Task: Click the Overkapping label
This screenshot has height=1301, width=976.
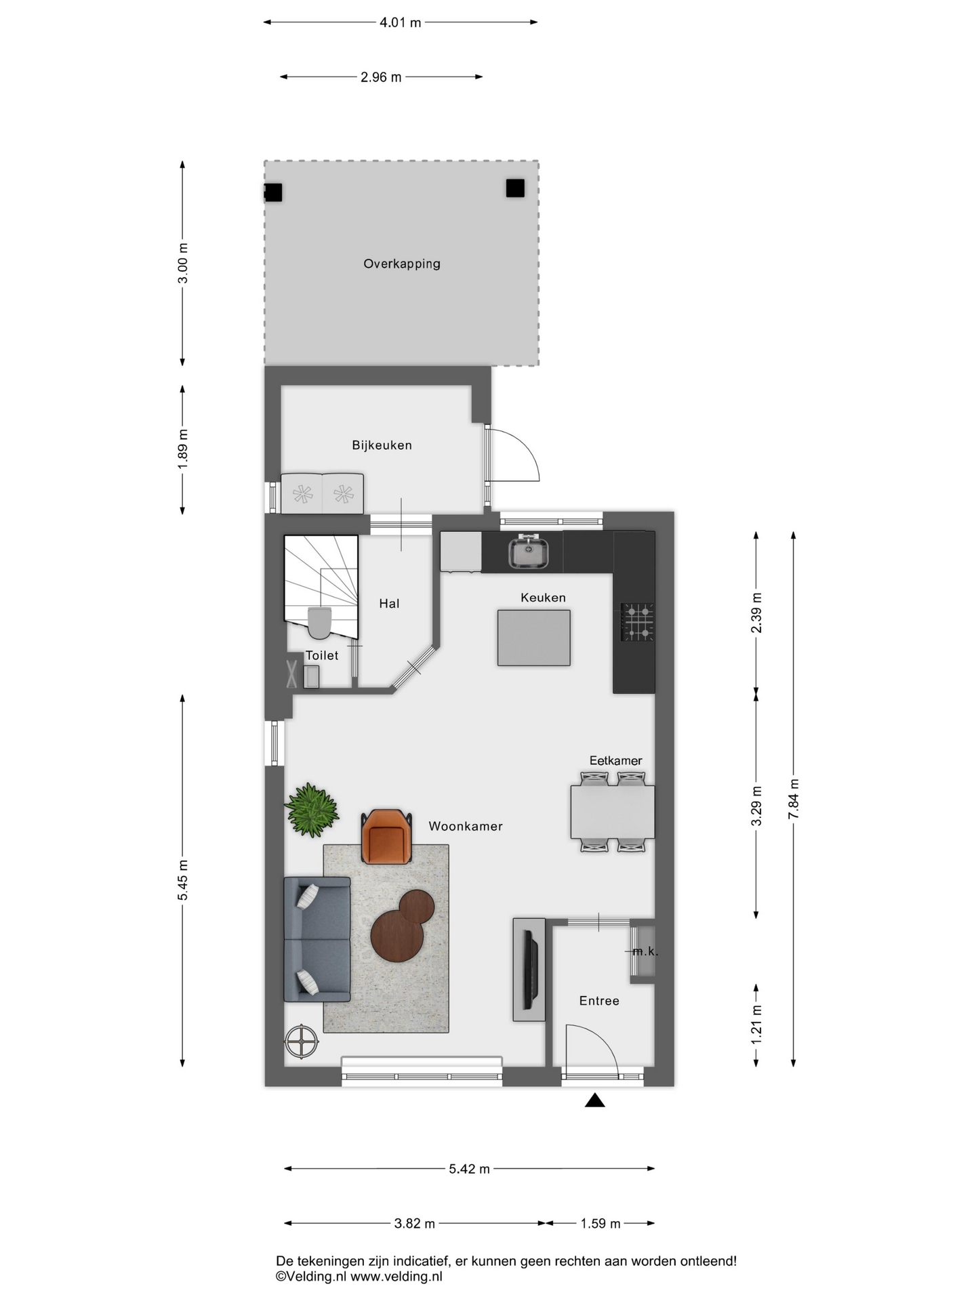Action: click(401, 264)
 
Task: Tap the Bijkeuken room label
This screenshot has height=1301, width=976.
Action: click(382, 445)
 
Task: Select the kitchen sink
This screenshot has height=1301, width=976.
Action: click(528, 550)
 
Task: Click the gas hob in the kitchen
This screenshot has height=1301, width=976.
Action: click(638, 622)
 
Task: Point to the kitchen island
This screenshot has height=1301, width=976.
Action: click(533, 638)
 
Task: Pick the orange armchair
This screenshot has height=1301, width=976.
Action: click(387, 837)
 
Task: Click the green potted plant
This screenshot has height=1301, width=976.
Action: click(312, 809)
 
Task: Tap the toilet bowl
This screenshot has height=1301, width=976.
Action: click(319, 623)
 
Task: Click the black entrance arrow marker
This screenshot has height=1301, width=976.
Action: click(594, 1100)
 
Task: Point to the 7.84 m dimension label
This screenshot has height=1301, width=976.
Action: click(793, 800)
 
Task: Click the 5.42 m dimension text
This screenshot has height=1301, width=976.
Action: click(469, 1169)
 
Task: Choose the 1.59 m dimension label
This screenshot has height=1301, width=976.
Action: click(601, 1224)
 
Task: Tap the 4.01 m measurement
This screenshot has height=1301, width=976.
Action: click(400, 22)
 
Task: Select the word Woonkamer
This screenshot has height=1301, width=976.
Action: click(466, 826)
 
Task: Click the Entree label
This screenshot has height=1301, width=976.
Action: click(599, 1001)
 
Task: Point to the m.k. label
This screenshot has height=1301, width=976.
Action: click(645, 951)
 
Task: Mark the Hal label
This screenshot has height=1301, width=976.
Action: click(389, 604)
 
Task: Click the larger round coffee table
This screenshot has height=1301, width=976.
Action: click(397, 935)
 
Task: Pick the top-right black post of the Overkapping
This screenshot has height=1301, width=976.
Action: click(515, 188)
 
